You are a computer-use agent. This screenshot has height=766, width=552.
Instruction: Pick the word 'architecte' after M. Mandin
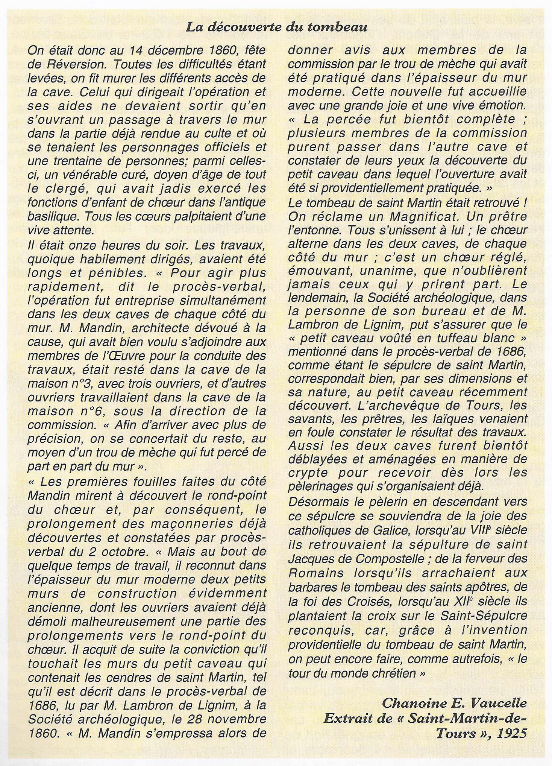point(143,328)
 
